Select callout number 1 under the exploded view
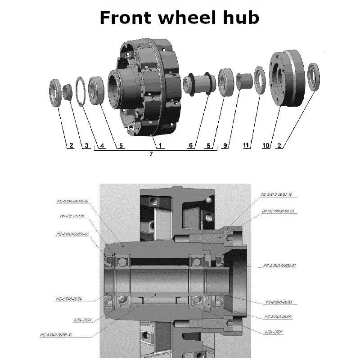[x=159, y=145]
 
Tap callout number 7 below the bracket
[x=151, y=154]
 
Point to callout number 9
[x=225, y=145]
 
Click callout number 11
[x=246, y=145]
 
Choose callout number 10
[x=265, y=145]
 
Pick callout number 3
[x=86, y=145]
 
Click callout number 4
[x=103, y=145]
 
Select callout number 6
[x=191, y=145]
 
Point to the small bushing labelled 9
[x=243, y=81]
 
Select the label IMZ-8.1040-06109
[x=279, y=317]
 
